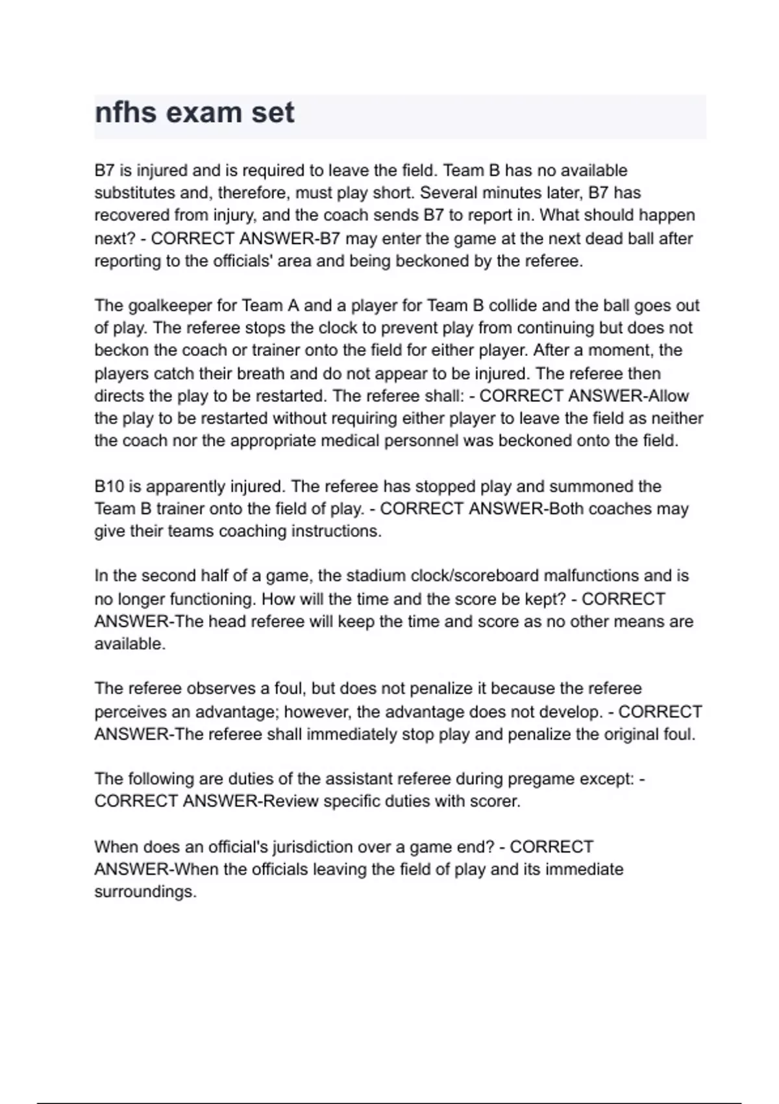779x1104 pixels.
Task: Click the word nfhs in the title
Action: [x=125, y=112]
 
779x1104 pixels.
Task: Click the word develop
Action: [x=570, y=712]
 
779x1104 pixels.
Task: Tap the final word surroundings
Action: [x=145, y=892]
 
